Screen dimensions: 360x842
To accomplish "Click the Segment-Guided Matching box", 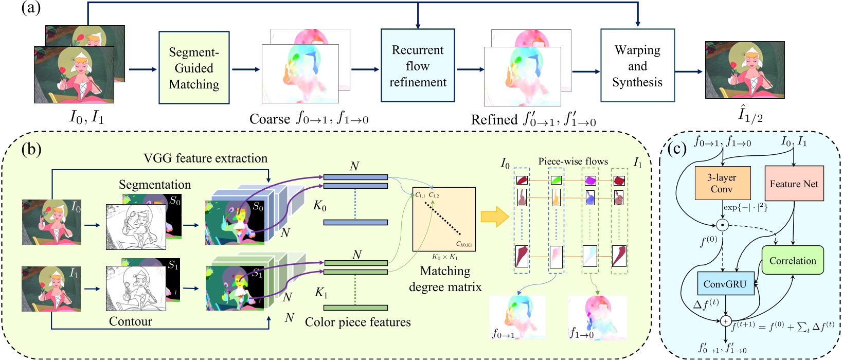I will tap(194, 67).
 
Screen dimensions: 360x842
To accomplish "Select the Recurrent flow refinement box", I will tap(418, 65).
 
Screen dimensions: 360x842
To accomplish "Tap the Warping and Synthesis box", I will tap(637, 65).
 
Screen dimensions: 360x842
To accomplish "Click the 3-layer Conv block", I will tap(722, 183).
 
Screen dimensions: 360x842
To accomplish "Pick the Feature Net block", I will tap(794, 184).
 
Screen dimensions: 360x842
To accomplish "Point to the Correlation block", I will tap(792, 260).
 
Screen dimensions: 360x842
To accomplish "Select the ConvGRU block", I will tap(725, 284).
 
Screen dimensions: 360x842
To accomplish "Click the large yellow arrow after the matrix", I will tap(494, 217).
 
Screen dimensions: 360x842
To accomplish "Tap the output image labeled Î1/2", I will tap(744, 70).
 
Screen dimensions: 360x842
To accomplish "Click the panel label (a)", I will tap(30, 9).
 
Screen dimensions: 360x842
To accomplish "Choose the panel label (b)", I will tap(31, 149).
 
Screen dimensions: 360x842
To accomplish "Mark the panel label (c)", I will tap(677, 149).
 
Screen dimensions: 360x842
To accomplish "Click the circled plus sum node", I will tap(725, 321).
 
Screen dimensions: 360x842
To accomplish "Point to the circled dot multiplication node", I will tap(722, 225).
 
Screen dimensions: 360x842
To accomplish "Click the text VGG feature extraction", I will tap(205, 158).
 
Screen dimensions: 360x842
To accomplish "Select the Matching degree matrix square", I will tap(444, 219).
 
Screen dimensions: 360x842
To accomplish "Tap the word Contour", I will tap(131, 321).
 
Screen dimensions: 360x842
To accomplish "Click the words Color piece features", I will tap(357, 322).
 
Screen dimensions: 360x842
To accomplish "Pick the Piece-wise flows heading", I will tap(573, 161).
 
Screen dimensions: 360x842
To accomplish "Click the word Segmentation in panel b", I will tap(154, 184).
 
